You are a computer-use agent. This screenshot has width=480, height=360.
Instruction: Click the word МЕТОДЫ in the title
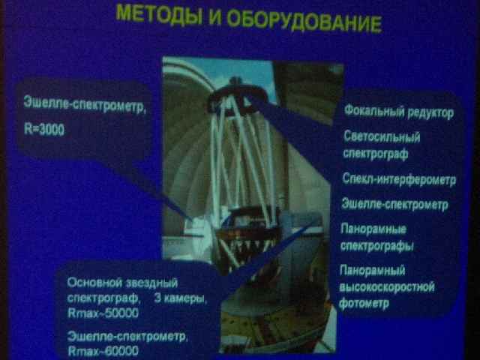pos(159,15)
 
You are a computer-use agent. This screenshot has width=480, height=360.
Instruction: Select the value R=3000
pos(44,130)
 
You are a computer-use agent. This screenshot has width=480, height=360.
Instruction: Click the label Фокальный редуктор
pos(399,112)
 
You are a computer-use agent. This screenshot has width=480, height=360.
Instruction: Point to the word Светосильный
pos(382,136)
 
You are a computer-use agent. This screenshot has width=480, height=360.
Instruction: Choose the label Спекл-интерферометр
pos(399,179)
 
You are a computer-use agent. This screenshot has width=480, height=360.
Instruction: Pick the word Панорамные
pos(373,229)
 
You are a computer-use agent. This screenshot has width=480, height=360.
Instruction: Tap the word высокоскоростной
pos(387,287)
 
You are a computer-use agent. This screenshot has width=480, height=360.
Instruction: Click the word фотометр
pos(364,303)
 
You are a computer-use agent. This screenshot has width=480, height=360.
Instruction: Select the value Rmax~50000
pos(103,313)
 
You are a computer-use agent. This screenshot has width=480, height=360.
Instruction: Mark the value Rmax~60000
pos(103,351)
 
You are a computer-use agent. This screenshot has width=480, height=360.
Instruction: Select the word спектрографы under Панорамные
pos(377,246)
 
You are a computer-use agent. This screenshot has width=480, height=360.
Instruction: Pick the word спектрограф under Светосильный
pos(376,154)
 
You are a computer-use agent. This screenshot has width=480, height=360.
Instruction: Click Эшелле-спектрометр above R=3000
pos(85,105)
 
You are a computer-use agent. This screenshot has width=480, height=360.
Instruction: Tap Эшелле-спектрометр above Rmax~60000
pos(127,337)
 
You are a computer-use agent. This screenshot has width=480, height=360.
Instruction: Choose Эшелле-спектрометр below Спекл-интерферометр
pos(395,204)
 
